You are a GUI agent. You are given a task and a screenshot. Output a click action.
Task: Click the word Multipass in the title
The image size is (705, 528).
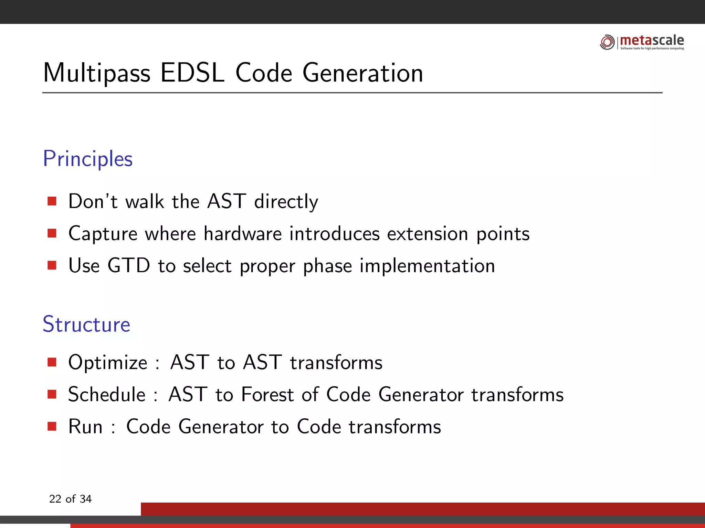97,73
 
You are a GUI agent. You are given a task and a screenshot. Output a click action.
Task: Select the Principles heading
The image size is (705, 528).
88,159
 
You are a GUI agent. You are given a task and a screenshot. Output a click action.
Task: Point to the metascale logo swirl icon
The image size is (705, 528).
607,42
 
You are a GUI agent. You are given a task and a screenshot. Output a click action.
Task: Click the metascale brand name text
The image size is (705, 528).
652,41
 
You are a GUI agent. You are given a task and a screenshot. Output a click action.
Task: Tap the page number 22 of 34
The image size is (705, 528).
70,499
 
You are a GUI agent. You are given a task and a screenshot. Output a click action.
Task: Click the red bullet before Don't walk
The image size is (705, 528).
52,201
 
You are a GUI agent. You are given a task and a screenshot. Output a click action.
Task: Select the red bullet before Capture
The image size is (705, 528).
52,233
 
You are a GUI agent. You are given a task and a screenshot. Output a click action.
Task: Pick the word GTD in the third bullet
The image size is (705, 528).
129,266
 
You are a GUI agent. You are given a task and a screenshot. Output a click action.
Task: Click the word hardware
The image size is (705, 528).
243,234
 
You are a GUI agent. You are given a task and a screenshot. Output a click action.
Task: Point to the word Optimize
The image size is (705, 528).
108,362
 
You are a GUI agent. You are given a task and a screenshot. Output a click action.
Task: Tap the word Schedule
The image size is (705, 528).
107,394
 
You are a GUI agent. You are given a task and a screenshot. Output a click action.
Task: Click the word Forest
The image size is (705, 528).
267,394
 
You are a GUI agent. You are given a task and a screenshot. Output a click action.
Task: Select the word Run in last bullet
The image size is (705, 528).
85,427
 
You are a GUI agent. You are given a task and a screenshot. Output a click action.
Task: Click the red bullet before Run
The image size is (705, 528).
52,427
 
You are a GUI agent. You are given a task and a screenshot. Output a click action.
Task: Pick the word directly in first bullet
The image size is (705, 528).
286,201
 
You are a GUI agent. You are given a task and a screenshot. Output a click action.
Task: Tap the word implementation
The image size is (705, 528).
427,266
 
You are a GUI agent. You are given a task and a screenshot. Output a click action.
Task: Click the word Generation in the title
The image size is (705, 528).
363,73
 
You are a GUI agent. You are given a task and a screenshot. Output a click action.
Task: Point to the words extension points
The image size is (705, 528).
458,234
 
